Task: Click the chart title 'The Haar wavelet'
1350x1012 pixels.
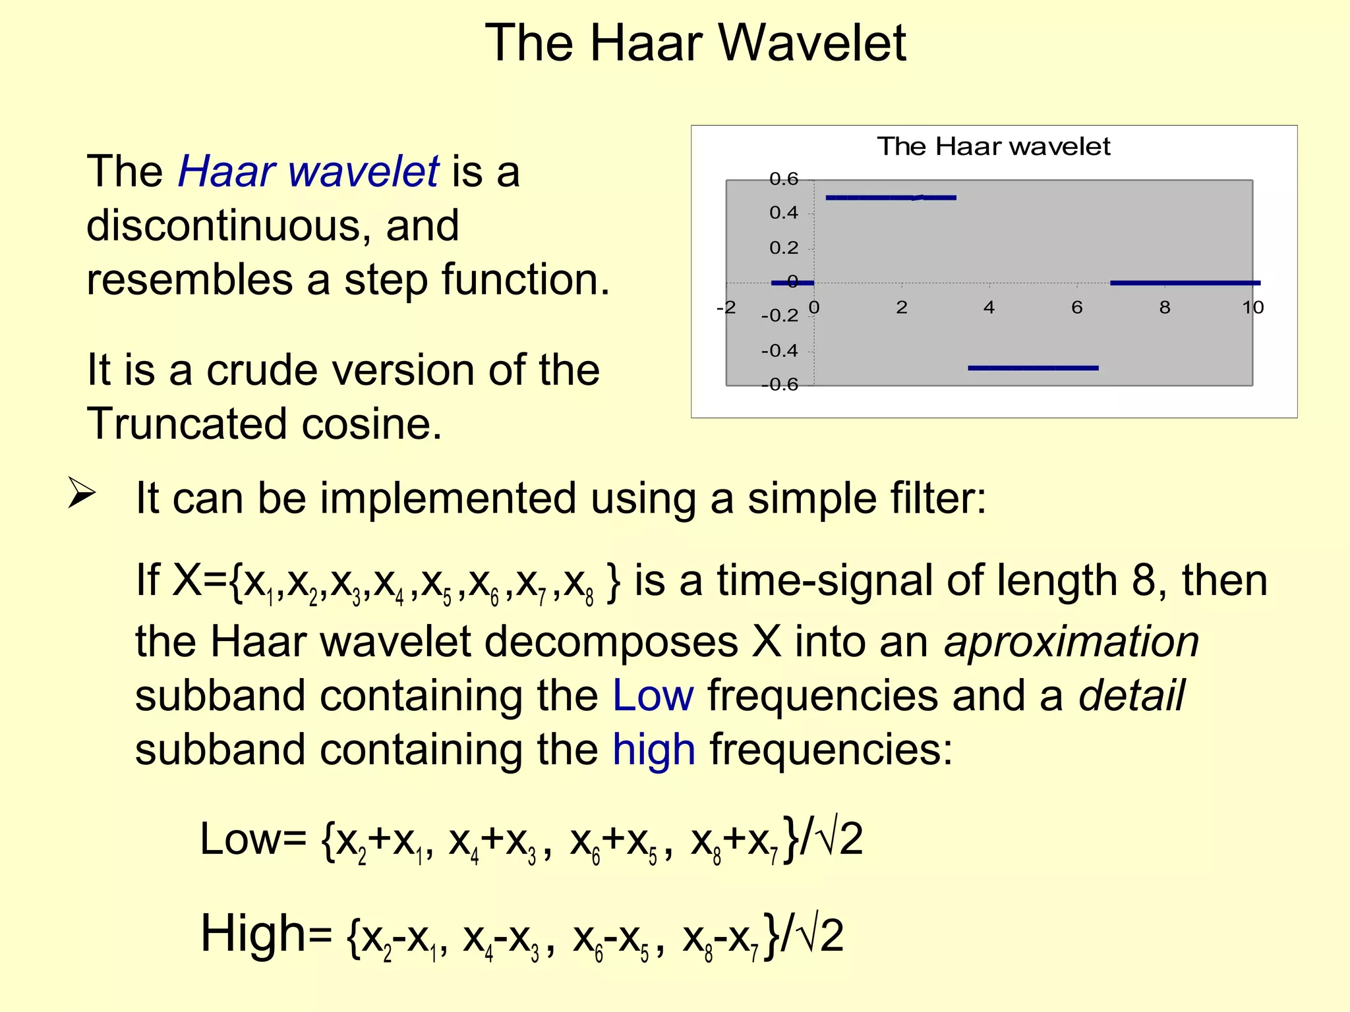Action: click(993, 146)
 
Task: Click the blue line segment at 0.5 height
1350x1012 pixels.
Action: click(890, 197)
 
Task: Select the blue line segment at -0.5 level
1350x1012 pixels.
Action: click(1033, 368)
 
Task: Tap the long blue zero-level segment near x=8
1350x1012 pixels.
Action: click(1185, 283)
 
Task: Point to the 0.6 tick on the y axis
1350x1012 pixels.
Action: click(784, 179)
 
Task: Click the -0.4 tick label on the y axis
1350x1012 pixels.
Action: click(780, 351)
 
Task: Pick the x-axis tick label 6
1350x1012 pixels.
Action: click(1077, 308)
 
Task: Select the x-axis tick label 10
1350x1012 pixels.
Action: click(1252, 308)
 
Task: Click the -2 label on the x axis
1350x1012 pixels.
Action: click(726, 308)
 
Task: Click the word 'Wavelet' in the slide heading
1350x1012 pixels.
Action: click(812, 43)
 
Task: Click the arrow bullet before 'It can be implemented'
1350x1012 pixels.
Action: click(82, 494)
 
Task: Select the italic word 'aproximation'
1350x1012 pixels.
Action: click(1071, 642)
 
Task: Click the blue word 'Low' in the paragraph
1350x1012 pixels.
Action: click(653, 696)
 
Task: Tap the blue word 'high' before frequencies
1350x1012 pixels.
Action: click(654, 750)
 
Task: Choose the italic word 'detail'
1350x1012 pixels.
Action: click(1131, 696)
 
